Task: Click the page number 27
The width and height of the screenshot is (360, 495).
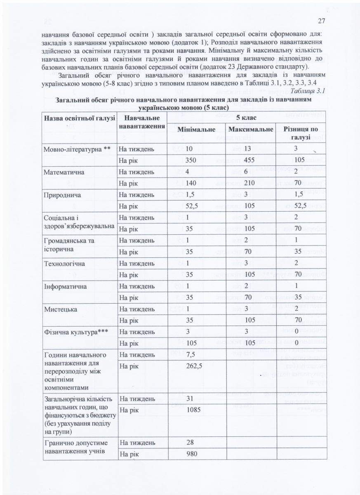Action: tap(322, 21)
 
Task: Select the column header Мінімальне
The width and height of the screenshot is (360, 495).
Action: tap(196, 130)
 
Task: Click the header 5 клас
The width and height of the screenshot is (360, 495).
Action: tap(246, 117)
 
